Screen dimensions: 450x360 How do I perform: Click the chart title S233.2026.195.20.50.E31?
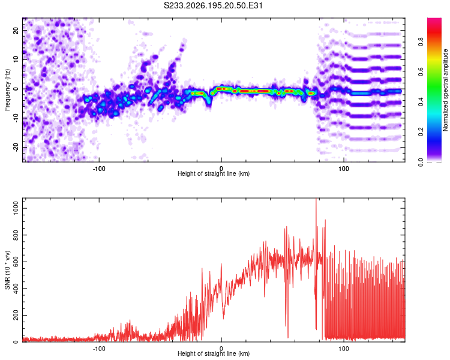pos(213,5)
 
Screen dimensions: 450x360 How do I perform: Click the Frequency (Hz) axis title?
pos(7,90)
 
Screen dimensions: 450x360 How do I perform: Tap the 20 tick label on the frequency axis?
pos(16,30)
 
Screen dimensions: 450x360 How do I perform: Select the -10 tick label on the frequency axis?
pos(16,118)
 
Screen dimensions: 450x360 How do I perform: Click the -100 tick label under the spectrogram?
pos(99,169)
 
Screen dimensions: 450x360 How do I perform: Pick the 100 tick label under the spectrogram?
pos(344,169)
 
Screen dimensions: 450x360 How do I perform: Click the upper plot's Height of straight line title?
pos(214,173)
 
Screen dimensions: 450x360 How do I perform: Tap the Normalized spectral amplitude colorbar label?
pos(445,90)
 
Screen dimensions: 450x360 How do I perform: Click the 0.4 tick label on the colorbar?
pos(421,101)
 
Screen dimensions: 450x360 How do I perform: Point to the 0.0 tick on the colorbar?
pos(421,163)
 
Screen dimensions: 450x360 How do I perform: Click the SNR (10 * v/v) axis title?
pos(7,270)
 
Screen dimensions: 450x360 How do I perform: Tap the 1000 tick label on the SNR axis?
pos(16,208)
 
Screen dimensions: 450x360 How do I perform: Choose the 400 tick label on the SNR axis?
pos(16,289)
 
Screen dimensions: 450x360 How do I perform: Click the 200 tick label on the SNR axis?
pos(16,315)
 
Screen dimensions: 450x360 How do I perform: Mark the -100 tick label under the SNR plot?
pos(99,349)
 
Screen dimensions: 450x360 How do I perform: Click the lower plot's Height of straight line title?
pos(214,353)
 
